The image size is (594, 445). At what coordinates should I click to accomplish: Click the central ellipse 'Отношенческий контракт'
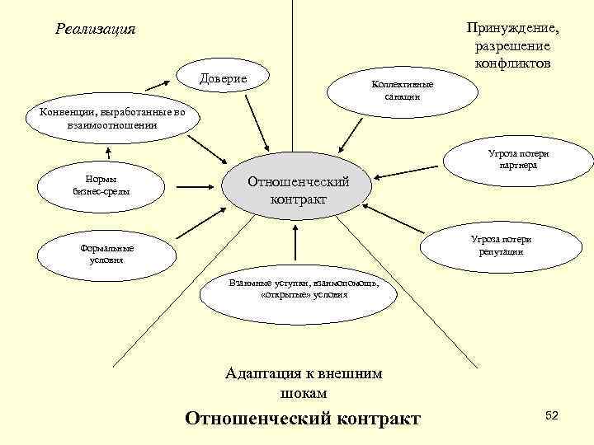298,190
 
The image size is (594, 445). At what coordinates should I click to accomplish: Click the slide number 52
552,417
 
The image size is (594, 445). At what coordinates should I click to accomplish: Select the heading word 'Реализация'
96,30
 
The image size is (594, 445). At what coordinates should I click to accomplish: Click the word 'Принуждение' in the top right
512,30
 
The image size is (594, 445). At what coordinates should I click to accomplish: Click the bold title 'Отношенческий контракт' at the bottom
303,418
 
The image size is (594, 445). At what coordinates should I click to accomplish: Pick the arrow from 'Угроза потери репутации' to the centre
394,218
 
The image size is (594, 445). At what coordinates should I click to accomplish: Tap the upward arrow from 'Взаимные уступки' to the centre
295,247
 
